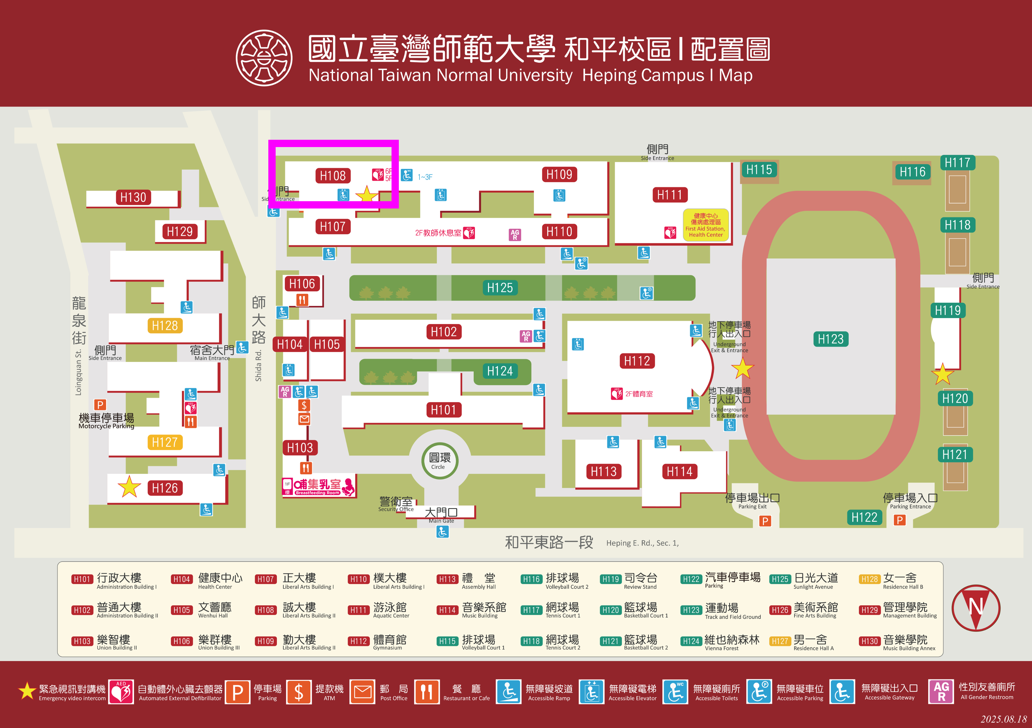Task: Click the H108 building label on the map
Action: pos(333,176)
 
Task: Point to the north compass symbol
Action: pos(975,608)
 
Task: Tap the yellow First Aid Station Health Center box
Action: pos(705,225)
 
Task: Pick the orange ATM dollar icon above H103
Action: pos(304,405)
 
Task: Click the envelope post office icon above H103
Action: pos(304,419)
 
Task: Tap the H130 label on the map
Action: pos(133,198)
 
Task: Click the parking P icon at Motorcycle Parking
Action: pos(100,405)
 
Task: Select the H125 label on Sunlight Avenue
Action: pos(500,288)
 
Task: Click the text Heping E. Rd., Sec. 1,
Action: pos(642,543)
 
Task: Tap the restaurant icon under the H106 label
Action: pos(302,300)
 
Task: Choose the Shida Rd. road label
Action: pos(259,366)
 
